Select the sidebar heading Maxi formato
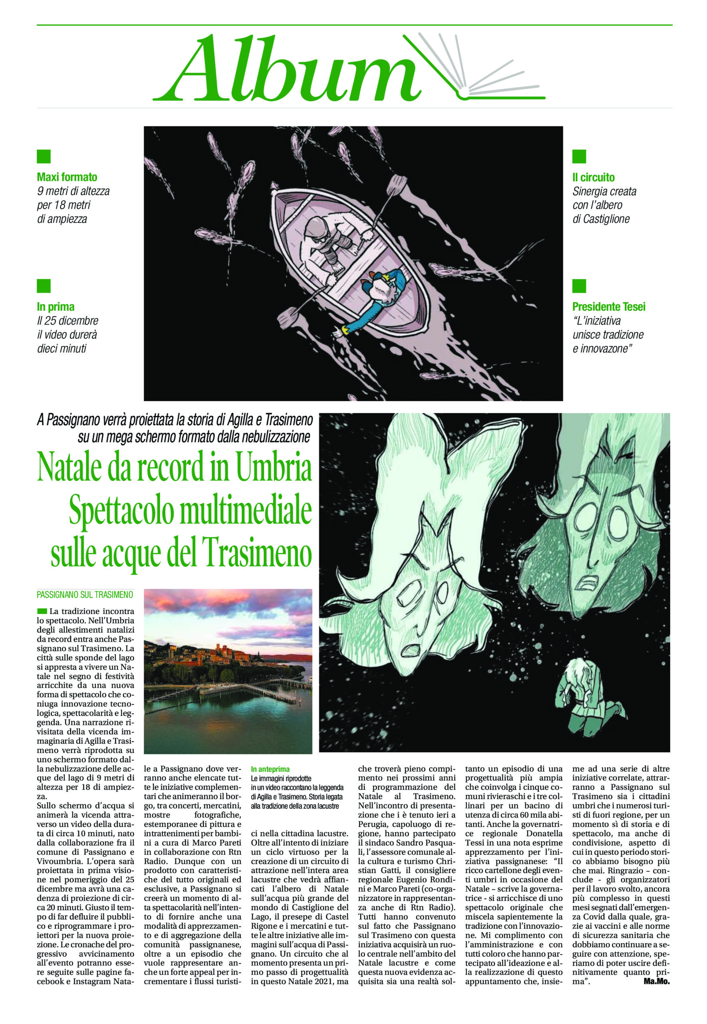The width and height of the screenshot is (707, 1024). click(x=67, y=177)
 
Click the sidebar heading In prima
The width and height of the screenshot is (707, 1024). click(x=55, y=306)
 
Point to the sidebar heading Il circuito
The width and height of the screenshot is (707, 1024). click(x=593, y=177)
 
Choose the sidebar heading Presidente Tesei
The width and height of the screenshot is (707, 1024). click(x=609, y=306)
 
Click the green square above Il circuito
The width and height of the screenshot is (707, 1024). click(x=579, y=156)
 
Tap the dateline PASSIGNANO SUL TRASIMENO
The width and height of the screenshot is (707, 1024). click(x=84, y=594)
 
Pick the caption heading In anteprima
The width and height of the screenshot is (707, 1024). click(x=270, y=769)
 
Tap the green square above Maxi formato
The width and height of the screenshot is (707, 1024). click(x=44, y=156)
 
